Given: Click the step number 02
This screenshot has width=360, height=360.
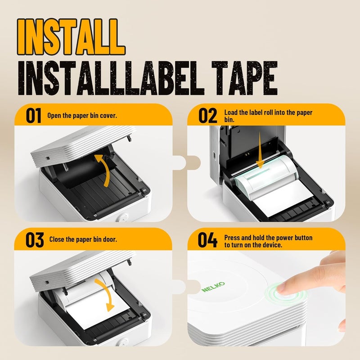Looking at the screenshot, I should tap(207, 116).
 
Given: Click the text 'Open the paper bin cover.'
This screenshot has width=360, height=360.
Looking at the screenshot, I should tap(82, 116).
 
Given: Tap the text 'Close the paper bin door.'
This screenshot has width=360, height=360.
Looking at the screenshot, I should tap(82, 239).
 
